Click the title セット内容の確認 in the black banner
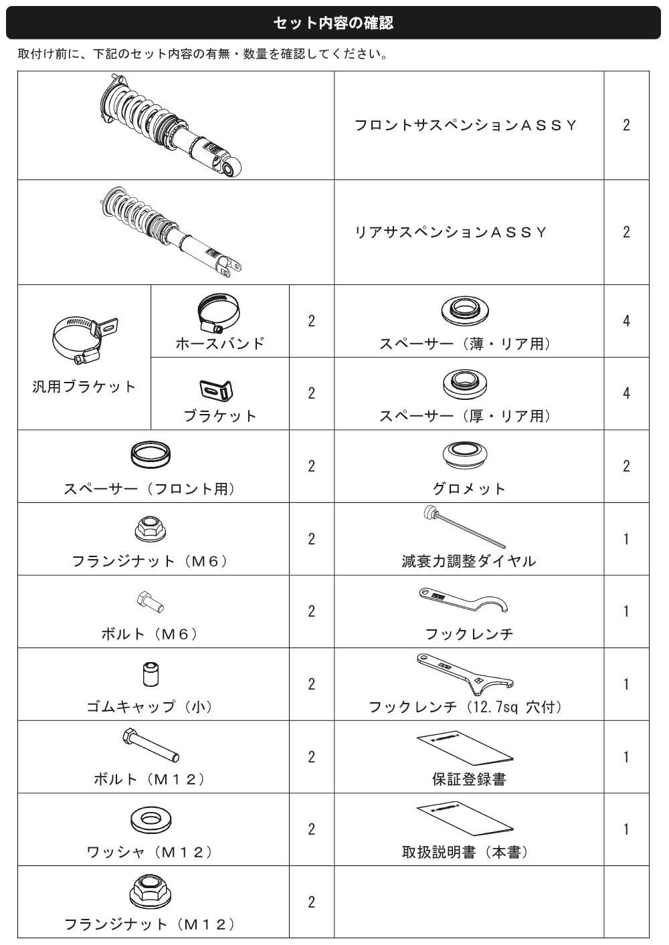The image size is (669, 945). [333, 23]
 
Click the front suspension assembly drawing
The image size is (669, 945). [171, 125]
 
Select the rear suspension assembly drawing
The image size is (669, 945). [171, 232]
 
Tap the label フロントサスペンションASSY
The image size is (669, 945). [466, 125]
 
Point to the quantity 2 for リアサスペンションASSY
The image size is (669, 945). [626, 232]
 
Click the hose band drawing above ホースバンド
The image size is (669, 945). [219, 313]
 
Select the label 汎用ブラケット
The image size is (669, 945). [84, 387]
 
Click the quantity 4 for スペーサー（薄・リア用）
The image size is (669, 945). [626, 321]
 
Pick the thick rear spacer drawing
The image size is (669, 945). [465, 385]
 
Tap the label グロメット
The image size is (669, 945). [468, 488]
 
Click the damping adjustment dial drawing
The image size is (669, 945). [464, 526]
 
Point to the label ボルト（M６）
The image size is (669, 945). [150, 633]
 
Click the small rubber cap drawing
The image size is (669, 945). [151, 674]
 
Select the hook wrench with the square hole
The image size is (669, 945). [465, 674]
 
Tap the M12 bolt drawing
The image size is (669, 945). [151, 746]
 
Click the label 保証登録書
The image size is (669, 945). [468, 779]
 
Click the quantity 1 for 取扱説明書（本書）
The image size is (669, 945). [626, 829]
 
